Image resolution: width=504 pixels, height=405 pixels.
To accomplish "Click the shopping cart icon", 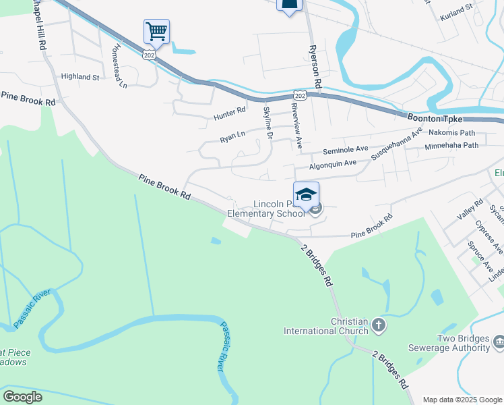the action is [x=156, y=30].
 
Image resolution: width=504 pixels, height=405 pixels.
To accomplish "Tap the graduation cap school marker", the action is [x=306, y=194].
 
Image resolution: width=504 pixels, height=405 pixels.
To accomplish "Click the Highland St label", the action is [x=80, y=77].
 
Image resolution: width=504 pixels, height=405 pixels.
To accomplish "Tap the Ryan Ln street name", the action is [x=232, y=138].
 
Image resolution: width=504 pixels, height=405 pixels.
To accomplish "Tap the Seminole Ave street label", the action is [x=346, y=149].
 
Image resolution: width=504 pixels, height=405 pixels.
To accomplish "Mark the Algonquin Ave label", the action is [x=332, y=164].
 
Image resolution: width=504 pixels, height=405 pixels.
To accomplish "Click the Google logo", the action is [x=23, y=397].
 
